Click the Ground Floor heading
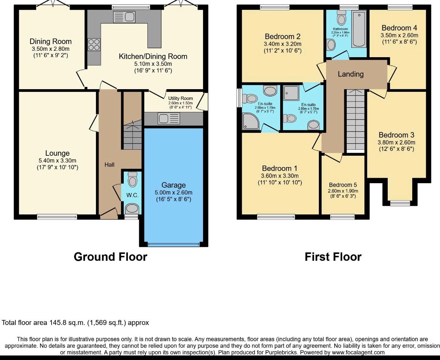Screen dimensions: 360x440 [110, 257]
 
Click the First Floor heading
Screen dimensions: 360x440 [333, 257]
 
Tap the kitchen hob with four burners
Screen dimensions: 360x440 [94, 45]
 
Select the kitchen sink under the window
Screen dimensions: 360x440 [124, 17]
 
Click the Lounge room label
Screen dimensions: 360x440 [57, 153]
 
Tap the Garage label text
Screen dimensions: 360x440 [173, 185]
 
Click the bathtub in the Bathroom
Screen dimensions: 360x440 [359, 29]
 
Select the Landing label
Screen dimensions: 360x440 [350, 74]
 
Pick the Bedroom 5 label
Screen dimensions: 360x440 [343, 185]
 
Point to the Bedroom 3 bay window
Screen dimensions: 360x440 [400, 203]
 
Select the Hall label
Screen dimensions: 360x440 [109, 164]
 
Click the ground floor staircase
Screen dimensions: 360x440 [132, 135]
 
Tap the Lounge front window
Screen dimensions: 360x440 [57, 217]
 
